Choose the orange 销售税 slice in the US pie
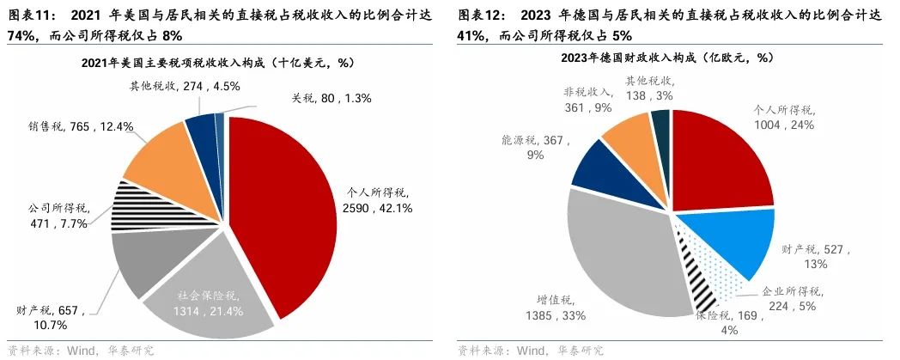coord(167,159)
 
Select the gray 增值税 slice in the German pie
coord(618,249)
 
